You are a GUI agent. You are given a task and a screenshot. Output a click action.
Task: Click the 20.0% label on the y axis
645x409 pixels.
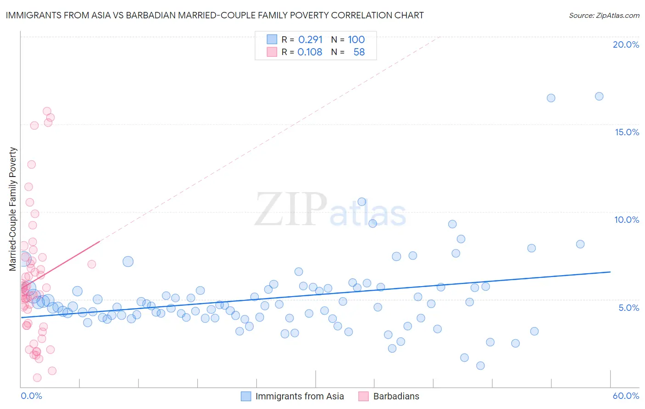click(626, 44)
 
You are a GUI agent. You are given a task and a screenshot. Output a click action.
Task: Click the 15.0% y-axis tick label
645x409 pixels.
click(627, 132)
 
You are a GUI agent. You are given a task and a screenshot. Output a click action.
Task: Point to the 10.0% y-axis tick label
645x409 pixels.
click(627, 220)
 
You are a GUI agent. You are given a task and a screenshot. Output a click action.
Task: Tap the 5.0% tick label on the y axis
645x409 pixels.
click(628, 308)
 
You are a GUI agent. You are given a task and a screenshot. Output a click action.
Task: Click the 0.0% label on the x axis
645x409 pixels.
click(31, 396)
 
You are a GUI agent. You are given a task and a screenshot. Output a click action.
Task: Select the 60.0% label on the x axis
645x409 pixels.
click(626, 396)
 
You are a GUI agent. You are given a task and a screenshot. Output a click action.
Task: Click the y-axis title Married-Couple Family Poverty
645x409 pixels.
click(13, 209)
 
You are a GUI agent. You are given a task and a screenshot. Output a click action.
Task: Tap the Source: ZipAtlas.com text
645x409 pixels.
click(604, 15)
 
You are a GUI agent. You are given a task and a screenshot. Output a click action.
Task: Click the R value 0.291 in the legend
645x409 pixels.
click(310, 39)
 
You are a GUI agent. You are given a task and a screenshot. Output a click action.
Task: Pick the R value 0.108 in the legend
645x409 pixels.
click(310, 52)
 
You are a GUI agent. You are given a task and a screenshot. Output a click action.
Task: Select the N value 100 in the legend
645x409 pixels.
click(356, 39)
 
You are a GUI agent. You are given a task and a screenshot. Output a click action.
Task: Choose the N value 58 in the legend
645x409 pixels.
click(359, 52)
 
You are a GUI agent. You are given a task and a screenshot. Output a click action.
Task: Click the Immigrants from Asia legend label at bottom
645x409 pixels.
click(299, 396)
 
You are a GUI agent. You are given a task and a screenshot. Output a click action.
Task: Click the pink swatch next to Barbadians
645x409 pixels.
click(363, 396)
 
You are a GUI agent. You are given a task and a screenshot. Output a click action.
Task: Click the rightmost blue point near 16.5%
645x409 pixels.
click(599, 96)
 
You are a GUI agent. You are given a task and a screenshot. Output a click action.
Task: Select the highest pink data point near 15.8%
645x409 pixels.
click(47, 111)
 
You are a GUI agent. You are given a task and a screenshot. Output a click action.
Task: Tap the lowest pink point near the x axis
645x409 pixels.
click(37, 378)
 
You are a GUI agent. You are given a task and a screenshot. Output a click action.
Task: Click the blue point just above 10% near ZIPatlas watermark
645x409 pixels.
click(361, 202)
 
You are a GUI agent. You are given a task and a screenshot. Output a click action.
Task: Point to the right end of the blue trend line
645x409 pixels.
click(610, 272)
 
